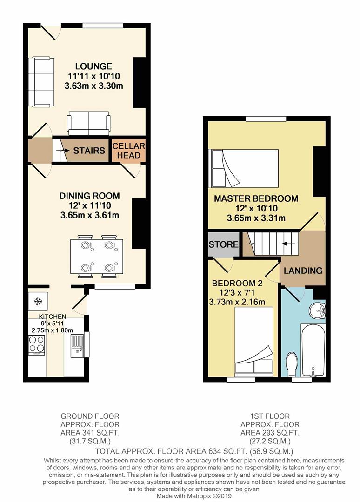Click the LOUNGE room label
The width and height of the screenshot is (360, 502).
[x=93, y=66]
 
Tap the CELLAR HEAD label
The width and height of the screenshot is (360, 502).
[x=129, y=151]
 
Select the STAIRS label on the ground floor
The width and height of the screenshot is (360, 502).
[x=89, y=151]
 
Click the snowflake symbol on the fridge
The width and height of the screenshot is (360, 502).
[x=38, y=301]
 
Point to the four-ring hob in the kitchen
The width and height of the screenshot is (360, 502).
[x=37, y=344]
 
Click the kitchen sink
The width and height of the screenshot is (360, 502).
[x=77, y=346]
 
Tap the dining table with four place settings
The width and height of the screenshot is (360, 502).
[x=97, y=257]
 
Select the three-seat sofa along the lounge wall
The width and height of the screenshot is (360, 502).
[x=41, y=82]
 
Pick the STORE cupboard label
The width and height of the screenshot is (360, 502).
[x=224, y=244]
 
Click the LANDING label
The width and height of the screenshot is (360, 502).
[x=303, y=271]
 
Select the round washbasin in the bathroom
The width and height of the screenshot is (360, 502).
[x=317, y=310]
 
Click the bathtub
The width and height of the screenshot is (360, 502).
[x=313, y=350]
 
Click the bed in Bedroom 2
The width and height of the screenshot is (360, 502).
[x=254, y=340]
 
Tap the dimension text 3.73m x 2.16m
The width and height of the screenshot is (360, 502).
[x=237, y=302]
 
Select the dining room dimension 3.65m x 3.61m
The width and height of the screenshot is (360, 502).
[x=90, y=215]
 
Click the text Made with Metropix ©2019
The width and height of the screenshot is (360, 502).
[x=194, y=496]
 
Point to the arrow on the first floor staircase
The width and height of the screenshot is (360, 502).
[x=288, y=244]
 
